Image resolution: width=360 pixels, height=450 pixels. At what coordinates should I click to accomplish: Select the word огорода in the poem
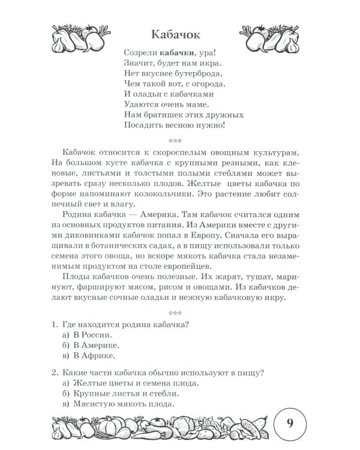click(x=204, y=83)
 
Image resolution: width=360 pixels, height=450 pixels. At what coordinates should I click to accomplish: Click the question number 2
click(x=54, y=372)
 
